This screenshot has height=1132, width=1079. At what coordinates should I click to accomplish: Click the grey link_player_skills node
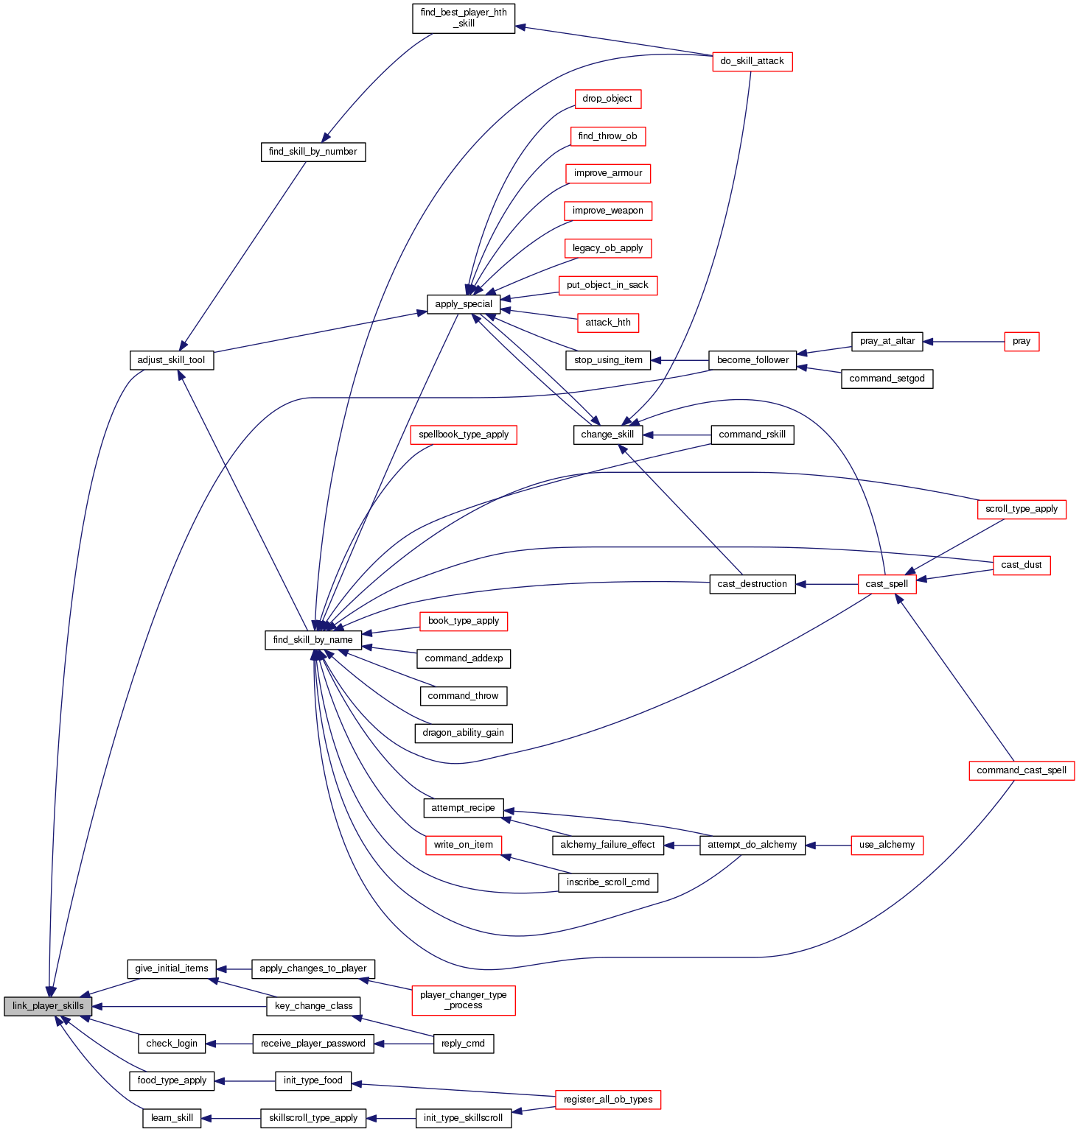(x=48, y=1006)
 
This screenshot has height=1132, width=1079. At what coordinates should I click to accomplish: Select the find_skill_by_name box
(x=312, y=640)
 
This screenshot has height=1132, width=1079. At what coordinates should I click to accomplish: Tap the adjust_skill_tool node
(x=171, y=360)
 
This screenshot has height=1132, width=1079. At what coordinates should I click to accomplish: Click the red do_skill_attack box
(x=752, y=61)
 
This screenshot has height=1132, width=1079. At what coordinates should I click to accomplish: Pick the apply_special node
(x=463, y=304)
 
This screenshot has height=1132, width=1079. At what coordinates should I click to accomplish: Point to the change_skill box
(x=607, y=435)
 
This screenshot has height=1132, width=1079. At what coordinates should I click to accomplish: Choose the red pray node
(x=1021, y=342)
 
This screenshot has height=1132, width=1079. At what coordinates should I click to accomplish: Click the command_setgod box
(x=887, y=379)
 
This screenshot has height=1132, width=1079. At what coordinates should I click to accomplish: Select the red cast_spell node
(x=887, y=584)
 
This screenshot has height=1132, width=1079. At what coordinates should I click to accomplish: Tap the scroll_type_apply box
(x=1021, y=509)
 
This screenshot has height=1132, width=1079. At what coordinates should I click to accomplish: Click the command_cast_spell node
(x=1021, y=770)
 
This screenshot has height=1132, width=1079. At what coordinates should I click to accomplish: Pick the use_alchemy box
(x=887, y=845)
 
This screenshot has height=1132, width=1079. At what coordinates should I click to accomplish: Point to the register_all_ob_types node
(x=608, y=1100)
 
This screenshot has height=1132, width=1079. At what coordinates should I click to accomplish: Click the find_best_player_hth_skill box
(x=463, y=18)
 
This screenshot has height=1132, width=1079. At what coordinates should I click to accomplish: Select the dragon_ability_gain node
(x=463, y=733)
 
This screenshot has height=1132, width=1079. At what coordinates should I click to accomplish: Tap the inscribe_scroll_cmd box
(x=607, y=882)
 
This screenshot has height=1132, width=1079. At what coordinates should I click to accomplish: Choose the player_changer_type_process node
(x=463, y=1000)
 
